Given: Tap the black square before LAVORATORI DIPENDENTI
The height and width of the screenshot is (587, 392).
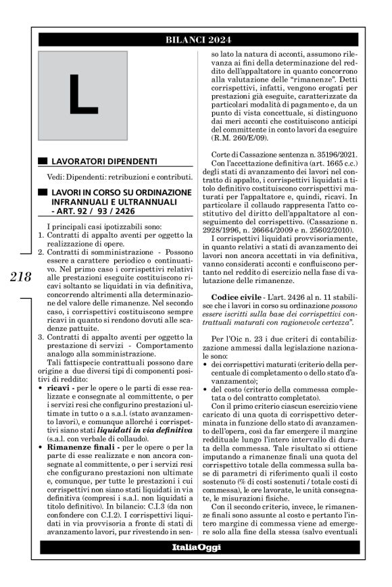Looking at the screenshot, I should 44,161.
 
